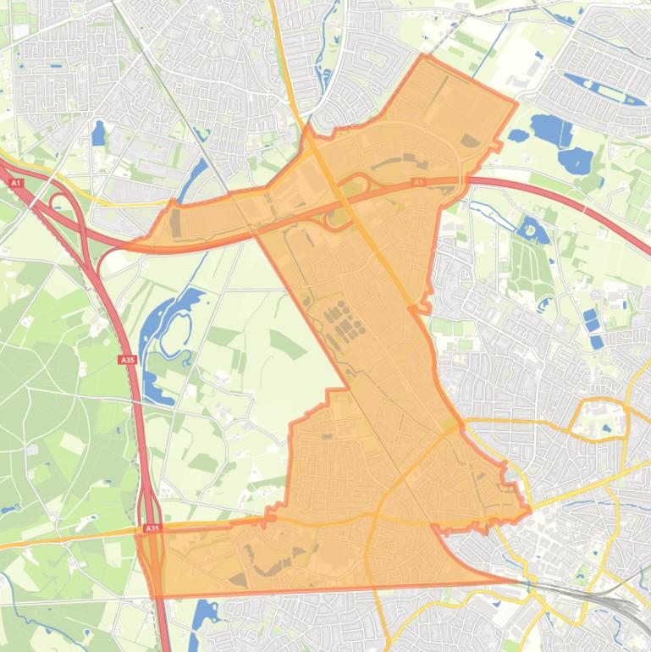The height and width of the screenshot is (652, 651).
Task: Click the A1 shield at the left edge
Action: (16, 182)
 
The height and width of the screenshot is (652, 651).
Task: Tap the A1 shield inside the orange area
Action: (417, 182)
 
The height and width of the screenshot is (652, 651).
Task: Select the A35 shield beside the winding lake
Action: (127, 360)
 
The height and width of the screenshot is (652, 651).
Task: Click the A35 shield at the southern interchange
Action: (152, 528)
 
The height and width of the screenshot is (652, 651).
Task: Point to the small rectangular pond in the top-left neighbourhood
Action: (98, 133)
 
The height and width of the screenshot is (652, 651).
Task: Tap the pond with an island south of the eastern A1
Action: (532, 229)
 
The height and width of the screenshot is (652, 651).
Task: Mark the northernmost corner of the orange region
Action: (422, 56)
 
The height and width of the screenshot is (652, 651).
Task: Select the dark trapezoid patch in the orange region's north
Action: (469, 141)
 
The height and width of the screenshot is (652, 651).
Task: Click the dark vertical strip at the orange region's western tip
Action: (175, 223)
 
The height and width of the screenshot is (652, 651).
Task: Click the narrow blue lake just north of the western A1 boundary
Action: (196, 178)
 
